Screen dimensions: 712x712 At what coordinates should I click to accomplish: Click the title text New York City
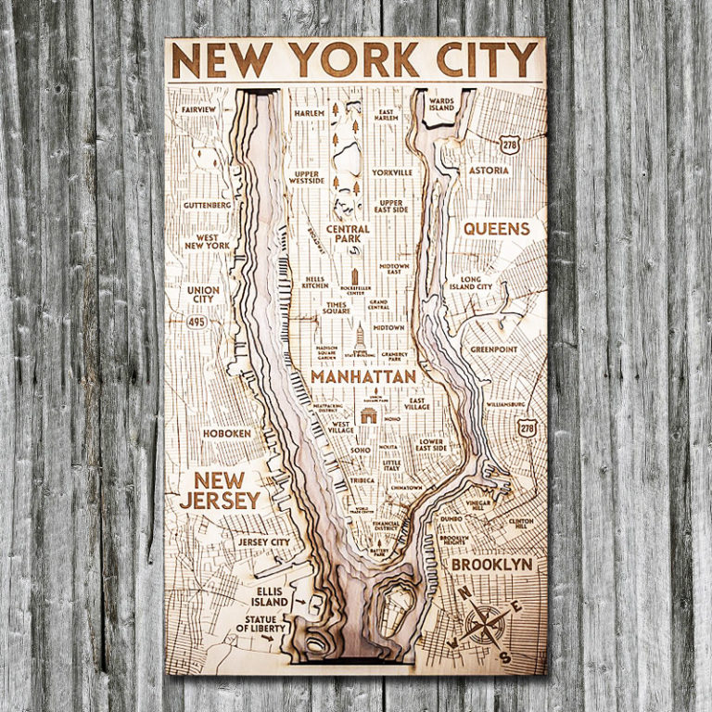coord(355,61)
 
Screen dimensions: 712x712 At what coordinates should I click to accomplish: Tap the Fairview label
coord(199,109)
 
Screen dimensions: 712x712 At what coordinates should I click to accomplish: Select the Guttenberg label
coord(207,205)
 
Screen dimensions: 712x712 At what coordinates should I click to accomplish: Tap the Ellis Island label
coord(269,596)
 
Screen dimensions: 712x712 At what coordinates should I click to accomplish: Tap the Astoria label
coord(489,171)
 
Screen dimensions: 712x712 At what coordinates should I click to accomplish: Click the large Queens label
coord(496,228)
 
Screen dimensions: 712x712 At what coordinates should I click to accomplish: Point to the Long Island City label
coord(471,283)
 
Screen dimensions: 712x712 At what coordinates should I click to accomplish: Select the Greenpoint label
coord(492,350)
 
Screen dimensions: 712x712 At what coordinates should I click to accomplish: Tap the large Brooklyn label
coord(491,564)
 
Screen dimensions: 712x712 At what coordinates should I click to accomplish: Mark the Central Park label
coord(348,235)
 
